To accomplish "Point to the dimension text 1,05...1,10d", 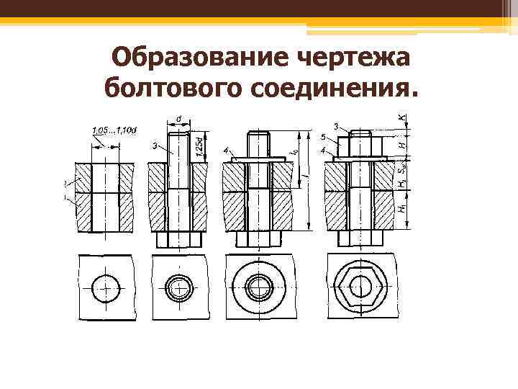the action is pos(115,130).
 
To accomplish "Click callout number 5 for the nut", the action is pos(323,138).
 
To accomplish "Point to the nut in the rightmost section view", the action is pos(360,146).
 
